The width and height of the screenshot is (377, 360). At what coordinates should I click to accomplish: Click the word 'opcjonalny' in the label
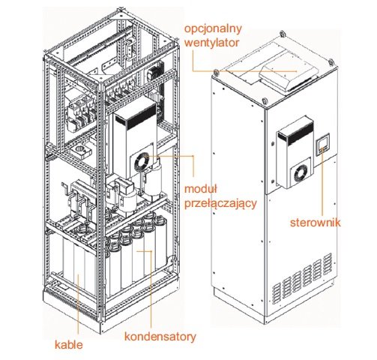(x=213, y=28)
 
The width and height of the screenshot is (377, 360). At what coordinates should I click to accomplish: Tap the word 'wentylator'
(x=211, y=43)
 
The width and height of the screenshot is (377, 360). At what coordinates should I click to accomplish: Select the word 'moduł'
(x=201, y=189)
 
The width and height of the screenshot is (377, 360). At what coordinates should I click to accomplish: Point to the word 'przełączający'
(x=220, y=203)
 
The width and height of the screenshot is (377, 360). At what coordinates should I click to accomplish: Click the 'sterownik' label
(x=315, y=222)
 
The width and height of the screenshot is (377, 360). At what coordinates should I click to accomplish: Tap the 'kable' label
(x=69, y=345)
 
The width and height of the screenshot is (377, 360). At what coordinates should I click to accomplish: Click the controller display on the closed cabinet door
(x=322, y=144)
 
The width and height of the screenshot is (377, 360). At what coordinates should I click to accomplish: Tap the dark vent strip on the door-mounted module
(x=300, y=135)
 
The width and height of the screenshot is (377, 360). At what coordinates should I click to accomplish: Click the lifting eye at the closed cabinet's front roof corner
(x=264, y=100)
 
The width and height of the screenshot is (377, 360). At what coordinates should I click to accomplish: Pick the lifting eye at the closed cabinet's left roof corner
(x=216, y=73)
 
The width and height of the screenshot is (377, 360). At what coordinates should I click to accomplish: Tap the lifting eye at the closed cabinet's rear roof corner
(x=283, y=34)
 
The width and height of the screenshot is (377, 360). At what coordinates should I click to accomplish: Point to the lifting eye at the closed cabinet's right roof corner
(x=331, y=61)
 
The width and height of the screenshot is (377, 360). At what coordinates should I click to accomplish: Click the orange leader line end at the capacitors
(x=137, y=250)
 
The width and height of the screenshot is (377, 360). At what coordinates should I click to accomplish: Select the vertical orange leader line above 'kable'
(x=78, y=306)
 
